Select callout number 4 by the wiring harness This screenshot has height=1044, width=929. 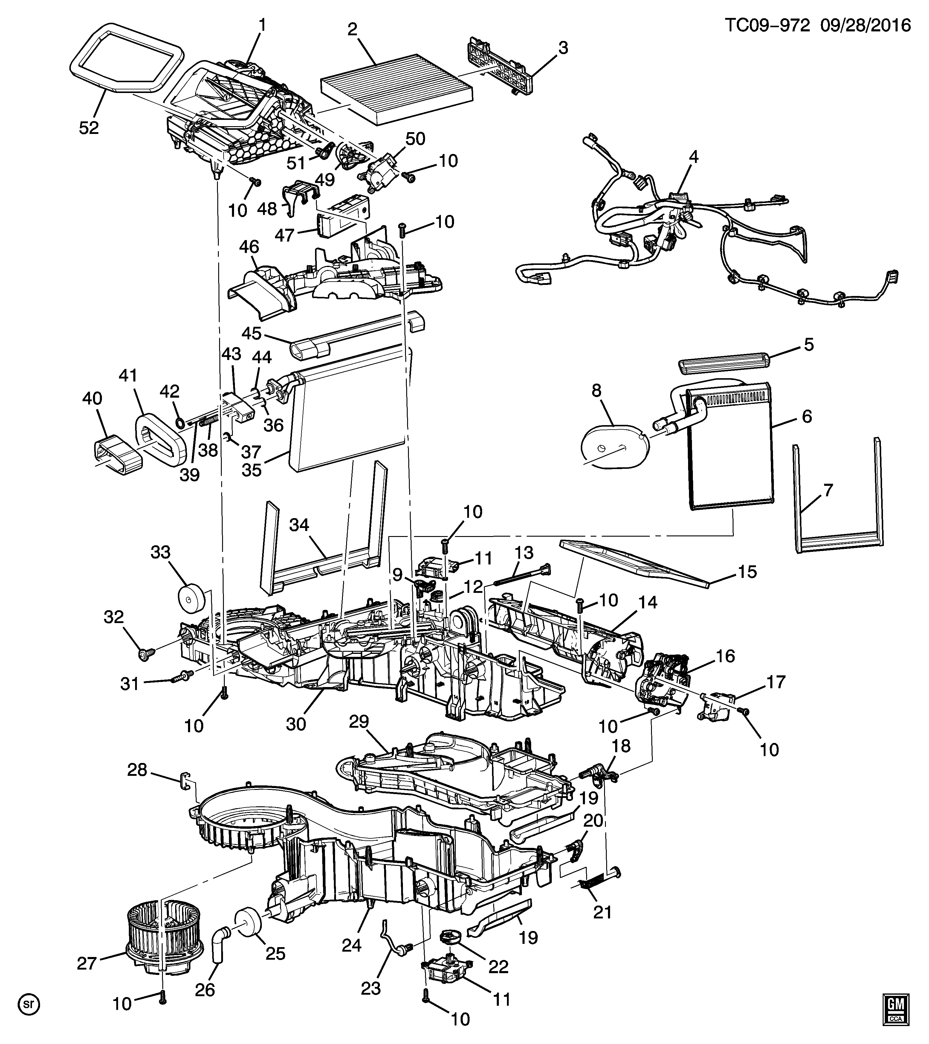click(693, 157)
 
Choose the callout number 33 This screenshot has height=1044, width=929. click(161, 552)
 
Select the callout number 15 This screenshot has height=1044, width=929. click(747, 572)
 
